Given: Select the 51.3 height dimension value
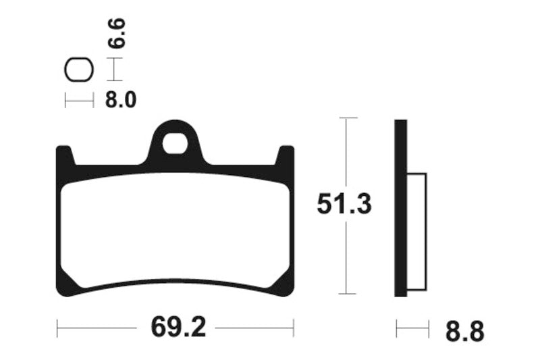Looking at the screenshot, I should click(x=344, y=205).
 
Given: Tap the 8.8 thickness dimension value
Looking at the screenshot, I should click(x=464, y=332).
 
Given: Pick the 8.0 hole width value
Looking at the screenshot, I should click(x=121, y=101).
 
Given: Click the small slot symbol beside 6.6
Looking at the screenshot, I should click(x=78, y=70).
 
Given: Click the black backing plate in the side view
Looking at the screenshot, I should click(x=400, y=209).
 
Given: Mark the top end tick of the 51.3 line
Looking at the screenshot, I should click(x=346, y=118).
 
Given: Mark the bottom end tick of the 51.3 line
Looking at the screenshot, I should click(x=346, y=294).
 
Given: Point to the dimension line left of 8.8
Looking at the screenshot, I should click(x=412, y=330).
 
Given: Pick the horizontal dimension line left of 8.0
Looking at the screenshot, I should click(x=79, y=101).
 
